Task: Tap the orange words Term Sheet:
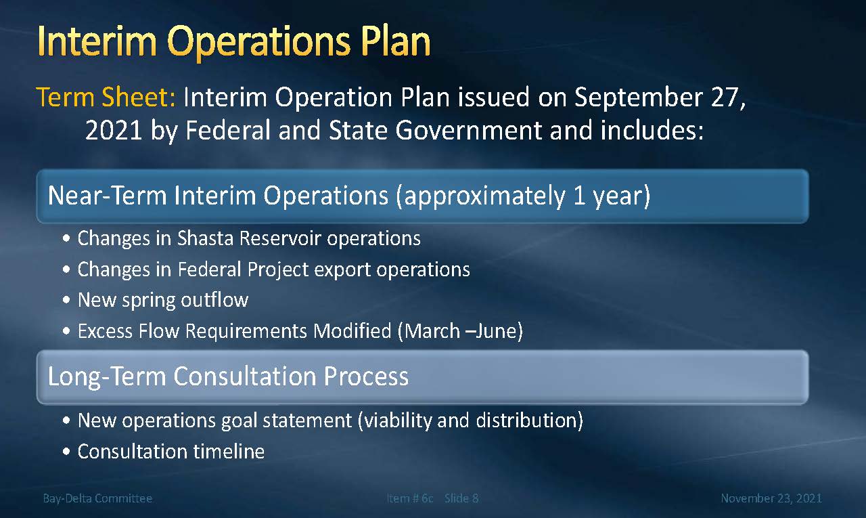[x=106, y=97]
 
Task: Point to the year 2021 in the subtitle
[x=114, y=130]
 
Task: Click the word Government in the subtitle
[x=468, y=130]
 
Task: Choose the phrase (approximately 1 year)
[x=524, y=196]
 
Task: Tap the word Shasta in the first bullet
[x=205, y=238]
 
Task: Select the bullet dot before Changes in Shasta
[x=66, y=238]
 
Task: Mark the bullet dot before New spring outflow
[x=66, y=299]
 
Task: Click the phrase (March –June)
[x=461, y=331]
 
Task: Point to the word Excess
[x=105, y=331]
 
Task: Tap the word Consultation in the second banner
[x=245, y=376]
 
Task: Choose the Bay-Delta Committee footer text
[x=97, y=498]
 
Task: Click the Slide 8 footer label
[x=461, y=498]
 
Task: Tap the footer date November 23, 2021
[x=771, y=498]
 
